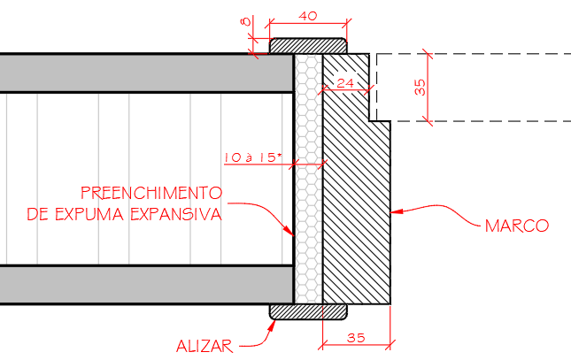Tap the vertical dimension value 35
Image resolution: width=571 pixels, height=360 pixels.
(x=420, y=88)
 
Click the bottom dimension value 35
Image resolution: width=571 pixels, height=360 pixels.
(x=356, y=337)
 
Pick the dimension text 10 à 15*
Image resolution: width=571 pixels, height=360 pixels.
(x=252, y=157)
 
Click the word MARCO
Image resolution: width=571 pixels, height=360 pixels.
(x=517, y=226)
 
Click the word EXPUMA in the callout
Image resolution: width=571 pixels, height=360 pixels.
(x=89, y=215)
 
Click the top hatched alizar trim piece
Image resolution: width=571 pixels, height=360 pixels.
(x=307, y=44)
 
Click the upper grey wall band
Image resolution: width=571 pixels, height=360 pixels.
(x=146, y=73)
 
